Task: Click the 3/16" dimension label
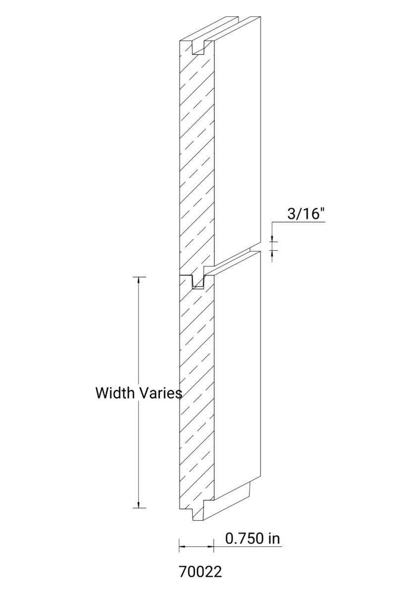pyautogui.click(x=306, y=214)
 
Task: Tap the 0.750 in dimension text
pyautogui.click(x=253, y=538)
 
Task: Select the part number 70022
pyautogui.click(x=200, y=572)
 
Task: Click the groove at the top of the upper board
pyautogui.click(x=199, y=48)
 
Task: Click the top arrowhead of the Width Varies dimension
pyautogui.click(x=138, y=280)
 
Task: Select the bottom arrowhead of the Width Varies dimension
pyautogui.click(x=138, y=504)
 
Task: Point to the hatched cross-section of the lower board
pyautogui.click(x=197, y=397)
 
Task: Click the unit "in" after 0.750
pyautogui.click(x=274, y=538)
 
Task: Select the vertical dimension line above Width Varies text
pyautogui.click(x=138, y=332)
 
